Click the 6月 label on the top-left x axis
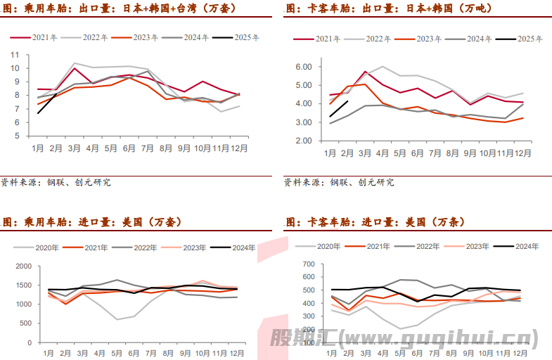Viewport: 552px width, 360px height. [x=129, y=149]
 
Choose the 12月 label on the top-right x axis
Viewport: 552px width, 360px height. [x=522, y=153]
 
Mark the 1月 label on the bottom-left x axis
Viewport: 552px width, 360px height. [x=48, y=352]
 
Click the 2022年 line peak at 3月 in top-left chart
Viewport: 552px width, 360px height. [x=75, y=63]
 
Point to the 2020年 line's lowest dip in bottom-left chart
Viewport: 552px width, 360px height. [x=118, y=319]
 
